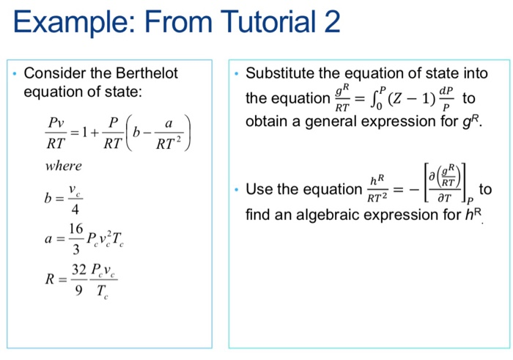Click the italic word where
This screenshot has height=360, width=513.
64,166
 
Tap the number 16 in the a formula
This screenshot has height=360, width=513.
76,229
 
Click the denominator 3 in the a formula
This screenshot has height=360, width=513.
76,249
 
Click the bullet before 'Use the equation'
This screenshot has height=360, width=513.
237,190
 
